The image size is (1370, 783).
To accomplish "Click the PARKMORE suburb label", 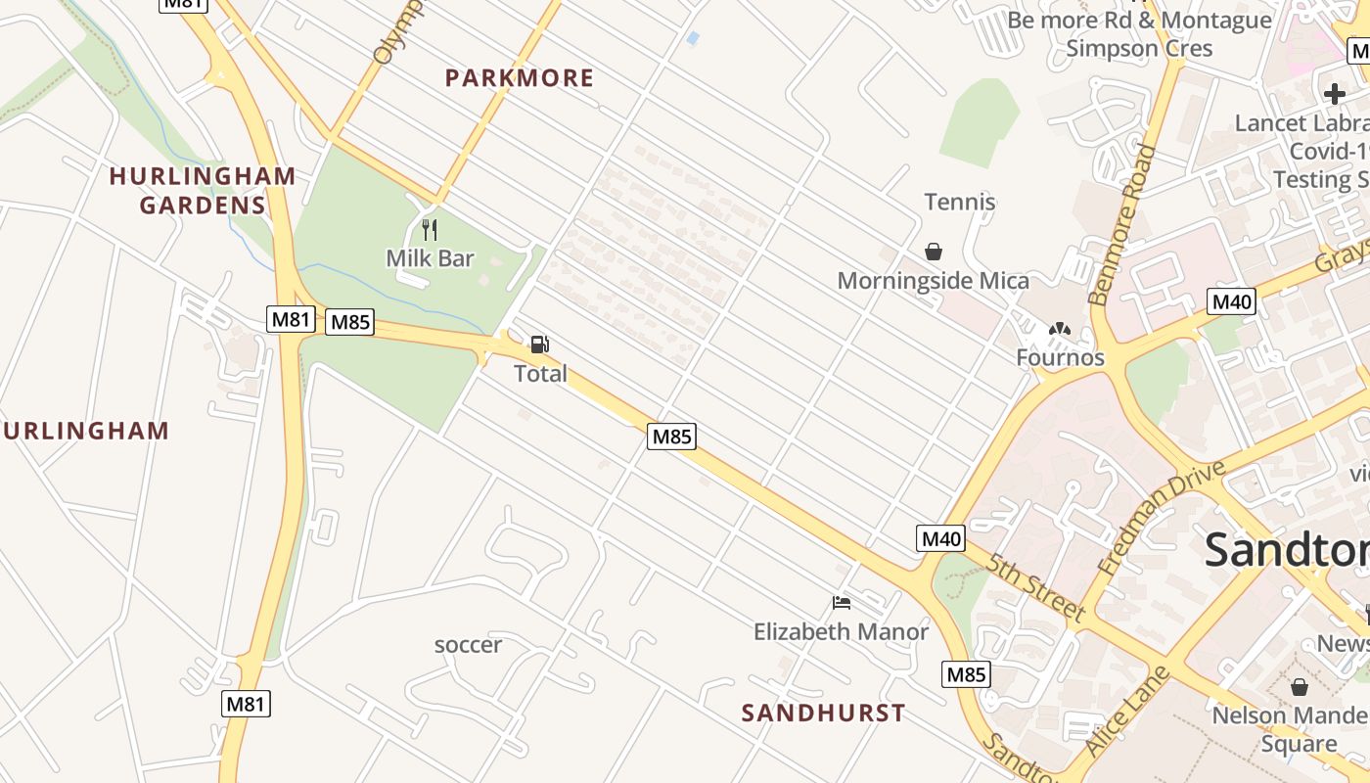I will coord(520,78).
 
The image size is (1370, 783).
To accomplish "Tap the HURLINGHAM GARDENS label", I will coord(203,191).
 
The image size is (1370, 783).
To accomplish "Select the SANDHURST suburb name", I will coord(824,713).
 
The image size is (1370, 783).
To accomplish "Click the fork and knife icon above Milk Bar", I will coord(429,230).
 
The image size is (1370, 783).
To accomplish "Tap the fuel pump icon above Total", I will coord(539,345).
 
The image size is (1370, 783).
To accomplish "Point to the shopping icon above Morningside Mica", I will coord(934,252).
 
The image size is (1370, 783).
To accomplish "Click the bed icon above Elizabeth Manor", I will coord(841,602).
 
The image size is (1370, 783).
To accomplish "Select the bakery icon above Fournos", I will coord(1059,331).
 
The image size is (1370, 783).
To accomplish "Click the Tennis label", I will coord(960,203).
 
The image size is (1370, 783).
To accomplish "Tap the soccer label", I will coord(468,645).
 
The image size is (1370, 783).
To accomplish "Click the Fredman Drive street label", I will coord(1162,518).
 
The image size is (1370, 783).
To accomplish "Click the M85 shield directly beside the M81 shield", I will coord(349,321).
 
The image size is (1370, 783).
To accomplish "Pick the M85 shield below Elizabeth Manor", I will coord(966,674).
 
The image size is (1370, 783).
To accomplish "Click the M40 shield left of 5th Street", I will coord(941,537).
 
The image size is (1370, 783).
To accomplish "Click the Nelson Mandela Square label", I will coord(1289,729).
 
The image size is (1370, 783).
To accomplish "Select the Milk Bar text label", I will coord(430,258).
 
